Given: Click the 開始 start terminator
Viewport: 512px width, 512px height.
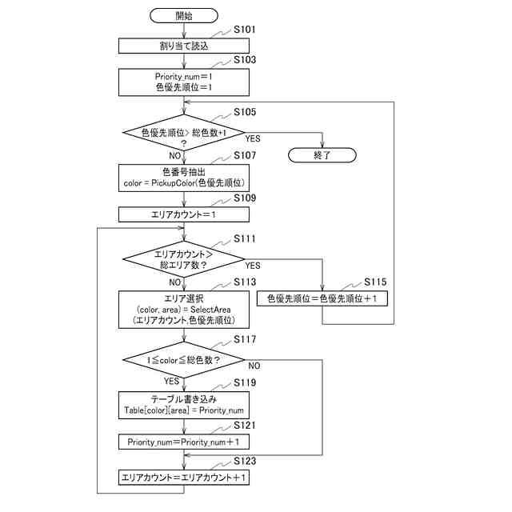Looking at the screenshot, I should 183,15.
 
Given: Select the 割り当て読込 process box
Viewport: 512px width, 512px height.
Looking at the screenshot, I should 183,46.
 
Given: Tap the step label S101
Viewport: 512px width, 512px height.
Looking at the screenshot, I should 245,30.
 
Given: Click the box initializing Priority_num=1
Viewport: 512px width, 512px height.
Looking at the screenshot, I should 183,82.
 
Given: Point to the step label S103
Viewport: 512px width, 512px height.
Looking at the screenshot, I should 245,60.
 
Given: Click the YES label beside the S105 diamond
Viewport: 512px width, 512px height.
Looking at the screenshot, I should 253,138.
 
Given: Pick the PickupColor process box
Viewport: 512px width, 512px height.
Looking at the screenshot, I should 183,178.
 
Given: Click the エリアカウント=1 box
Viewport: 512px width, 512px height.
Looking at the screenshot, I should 183,214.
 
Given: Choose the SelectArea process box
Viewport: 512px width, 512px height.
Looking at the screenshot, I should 183,309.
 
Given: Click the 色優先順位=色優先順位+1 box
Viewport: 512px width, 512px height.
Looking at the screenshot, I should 322,298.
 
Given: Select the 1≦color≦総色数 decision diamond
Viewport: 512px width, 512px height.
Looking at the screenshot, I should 183,360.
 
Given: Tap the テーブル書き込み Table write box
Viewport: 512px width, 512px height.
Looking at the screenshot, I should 183,404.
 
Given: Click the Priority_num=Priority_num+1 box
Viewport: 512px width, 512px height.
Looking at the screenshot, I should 183,441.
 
